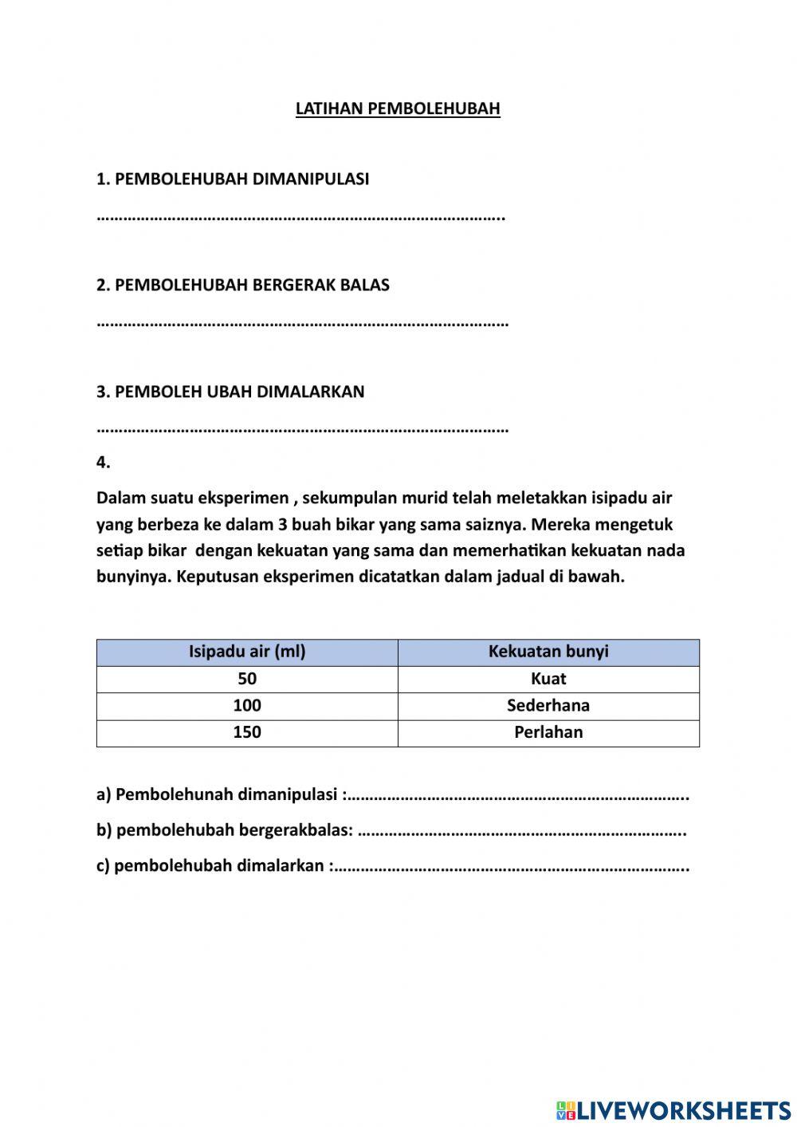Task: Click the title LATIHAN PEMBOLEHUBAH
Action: (398, 108)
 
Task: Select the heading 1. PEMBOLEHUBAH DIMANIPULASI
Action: (233, 179)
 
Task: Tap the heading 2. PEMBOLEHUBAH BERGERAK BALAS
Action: (243, 285)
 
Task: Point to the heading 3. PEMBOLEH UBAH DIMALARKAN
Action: (230, 392)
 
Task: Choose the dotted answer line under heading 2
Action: (302, 323)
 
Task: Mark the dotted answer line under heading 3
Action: (302, 429)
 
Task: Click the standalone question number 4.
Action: (103, 463)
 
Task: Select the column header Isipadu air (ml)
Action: (247, 652)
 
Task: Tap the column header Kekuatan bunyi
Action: (548, 652)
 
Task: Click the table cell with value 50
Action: (247, 679)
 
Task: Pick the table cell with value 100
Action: (247, 706)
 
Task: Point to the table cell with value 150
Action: (247, 732)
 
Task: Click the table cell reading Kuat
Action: (548, 679)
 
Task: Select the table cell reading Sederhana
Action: (548, 706)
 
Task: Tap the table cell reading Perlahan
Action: (548, 732)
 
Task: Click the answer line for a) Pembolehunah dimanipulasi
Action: (518, 795)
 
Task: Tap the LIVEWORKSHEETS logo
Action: (673, 1109)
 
